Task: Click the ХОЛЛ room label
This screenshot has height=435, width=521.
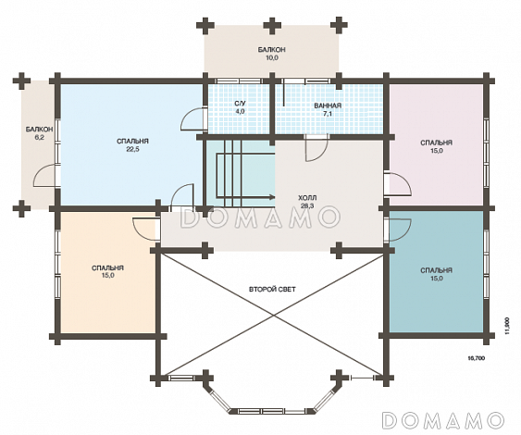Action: pos(307,197)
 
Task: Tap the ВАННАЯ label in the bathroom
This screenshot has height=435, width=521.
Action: pos(328,106)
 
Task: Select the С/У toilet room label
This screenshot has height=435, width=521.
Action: pos(240,104)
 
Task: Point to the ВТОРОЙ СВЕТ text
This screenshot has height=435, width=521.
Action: pos(272,289)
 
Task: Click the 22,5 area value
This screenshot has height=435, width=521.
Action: pos(132,149)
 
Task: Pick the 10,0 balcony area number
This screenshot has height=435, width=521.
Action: pos(271,57)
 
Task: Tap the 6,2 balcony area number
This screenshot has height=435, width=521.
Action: pos(39,137)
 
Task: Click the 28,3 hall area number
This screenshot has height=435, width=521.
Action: pos(307,205)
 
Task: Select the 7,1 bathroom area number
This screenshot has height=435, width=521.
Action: pos(328,114)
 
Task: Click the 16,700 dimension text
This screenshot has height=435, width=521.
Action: pos(477,358)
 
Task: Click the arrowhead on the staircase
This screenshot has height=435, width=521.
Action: pos(272,197)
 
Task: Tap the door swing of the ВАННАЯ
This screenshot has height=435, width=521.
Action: pos(316,148)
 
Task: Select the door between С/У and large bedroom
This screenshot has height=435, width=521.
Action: pos(192,119)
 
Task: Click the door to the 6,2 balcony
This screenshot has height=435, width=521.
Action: pos(46,175)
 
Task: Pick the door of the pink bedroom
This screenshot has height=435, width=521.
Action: pos(400,183)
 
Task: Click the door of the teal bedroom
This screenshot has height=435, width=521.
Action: pos(400,230)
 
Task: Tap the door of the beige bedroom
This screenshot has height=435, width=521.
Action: pos(143,230)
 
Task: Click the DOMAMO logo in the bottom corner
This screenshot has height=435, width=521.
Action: pos(443,419)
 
